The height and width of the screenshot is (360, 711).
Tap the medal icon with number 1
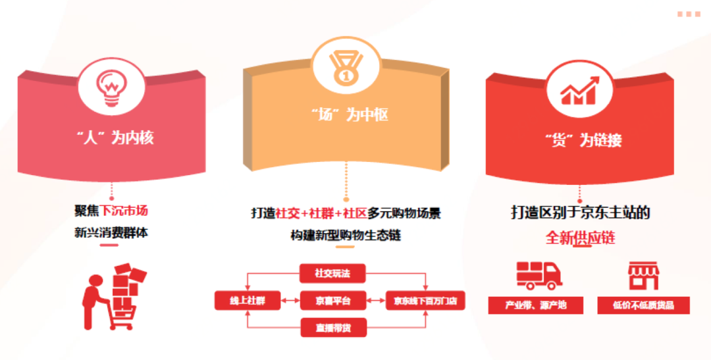click(345, 64)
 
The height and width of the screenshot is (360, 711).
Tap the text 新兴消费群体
click(111, 232)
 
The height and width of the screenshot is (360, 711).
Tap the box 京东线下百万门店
click(425, 301)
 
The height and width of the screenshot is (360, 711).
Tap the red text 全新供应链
click(580, 238)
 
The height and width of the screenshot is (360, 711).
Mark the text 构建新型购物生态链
click(346, 234)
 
